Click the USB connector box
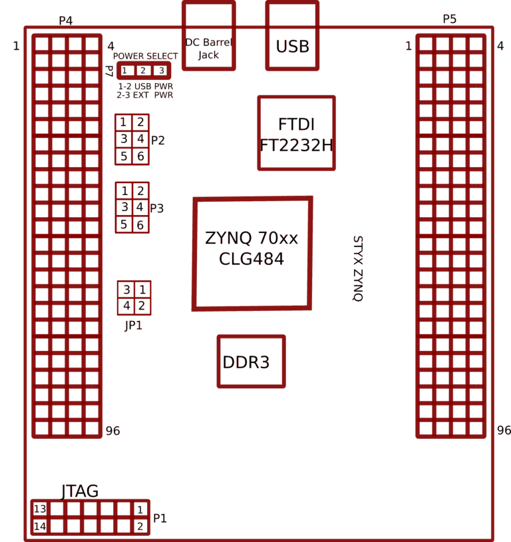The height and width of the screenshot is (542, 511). point(292,36)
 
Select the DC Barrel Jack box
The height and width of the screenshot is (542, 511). point(208,36)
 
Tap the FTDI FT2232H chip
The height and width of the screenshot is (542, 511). point(296,133)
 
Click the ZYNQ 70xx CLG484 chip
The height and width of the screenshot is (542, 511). point(252,253)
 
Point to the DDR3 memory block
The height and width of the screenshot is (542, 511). point(251,362)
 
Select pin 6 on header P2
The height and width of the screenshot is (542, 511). point(140,156)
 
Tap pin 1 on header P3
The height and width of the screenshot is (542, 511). point(124,191)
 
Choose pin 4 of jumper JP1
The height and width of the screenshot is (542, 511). point(126,306)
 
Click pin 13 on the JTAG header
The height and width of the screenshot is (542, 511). point(40,509)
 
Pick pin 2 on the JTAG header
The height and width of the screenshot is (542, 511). point(140,526)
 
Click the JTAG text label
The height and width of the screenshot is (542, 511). point(80,491)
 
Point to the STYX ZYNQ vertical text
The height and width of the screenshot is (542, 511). point(357,269)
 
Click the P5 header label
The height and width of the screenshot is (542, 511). point(450,19)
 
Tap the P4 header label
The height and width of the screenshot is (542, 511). point(65,21)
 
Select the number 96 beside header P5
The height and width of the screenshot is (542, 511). point(504,431)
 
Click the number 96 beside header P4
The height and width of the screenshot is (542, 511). point(112,431)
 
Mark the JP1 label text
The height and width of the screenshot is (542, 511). point(133,326)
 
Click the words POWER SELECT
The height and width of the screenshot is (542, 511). point(145,56)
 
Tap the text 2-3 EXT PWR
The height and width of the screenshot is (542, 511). point(144,95)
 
